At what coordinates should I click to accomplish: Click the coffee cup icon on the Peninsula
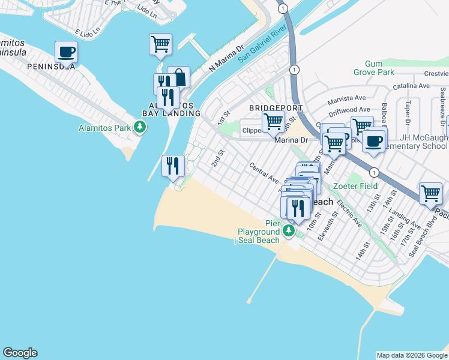click(66, 52)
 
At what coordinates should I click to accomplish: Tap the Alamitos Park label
click(104, 128)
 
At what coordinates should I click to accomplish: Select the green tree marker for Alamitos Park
click(140, 127)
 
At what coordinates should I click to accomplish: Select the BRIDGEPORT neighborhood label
click(275, 108)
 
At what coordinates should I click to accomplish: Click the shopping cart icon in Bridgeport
click(274, 121)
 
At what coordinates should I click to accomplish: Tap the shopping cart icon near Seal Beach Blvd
click(430, 193)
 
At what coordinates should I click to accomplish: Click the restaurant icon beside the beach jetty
click(173, 165)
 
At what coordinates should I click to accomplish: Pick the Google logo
click(20, 353)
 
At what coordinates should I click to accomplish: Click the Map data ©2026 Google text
click(412, 355)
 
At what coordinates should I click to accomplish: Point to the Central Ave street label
click(265, 173)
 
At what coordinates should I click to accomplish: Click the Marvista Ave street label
click(346, 98)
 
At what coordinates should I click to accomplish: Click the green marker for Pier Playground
click(289, 230)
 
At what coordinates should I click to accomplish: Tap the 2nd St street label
click(217, 158)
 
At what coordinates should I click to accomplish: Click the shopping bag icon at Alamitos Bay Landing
click(179, 77)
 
